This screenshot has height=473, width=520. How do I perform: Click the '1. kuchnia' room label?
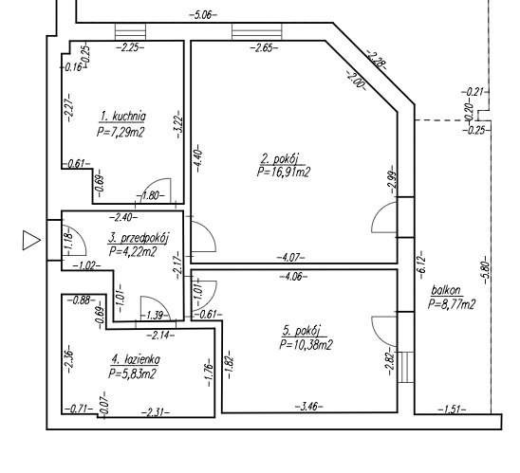coord(123,117)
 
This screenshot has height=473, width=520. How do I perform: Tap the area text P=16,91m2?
coord(284,173)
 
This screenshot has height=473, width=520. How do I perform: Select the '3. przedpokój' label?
coord(139,238)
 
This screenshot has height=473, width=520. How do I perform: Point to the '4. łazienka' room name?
coord(136,359)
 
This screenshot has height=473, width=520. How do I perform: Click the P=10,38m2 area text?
coord(306,345)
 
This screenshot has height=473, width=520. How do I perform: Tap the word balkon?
coord(446,290)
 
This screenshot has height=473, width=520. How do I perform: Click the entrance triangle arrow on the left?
coord(31,240)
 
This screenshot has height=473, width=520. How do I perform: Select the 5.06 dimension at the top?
coord(203,15)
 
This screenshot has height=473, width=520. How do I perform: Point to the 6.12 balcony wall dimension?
coord(421,264)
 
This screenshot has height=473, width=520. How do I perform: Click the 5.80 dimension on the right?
coord(486,270)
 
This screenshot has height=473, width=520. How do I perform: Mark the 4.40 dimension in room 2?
coord(198,158)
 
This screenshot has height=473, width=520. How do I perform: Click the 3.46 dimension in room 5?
coord(308,406)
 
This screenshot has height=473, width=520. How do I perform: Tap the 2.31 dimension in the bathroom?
coord(156,412)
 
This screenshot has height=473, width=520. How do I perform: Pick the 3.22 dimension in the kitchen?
coord(179,124)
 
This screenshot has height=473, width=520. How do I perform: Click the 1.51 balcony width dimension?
coord(452,410)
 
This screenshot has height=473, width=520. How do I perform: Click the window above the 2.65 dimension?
coord(257,32)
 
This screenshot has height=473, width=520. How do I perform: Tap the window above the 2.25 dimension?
coord(130,32)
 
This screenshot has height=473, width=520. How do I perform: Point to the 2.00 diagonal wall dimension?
coord(356,81)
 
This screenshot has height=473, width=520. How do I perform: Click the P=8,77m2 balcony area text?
coord(452,304)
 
